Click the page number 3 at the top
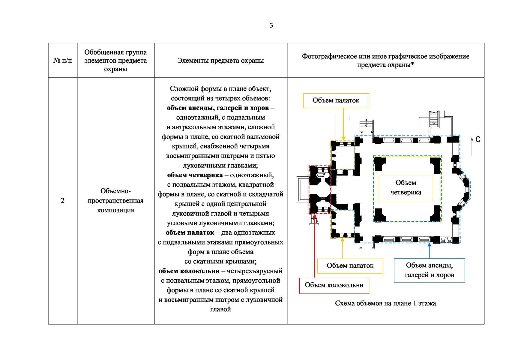click(x=271, y=25)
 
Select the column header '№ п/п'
click(x=62, y=61)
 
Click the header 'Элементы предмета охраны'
click(x=220, y=61)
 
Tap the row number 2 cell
click(x=62, y=200)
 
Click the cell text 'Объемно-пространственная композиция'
click(x=115, y=200)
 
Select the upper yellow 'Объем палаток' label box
click(x=336, y=100)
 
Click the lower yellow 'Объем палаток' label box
click(x=350, y=266)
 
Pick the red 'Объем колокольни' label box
click(x=334, y=285)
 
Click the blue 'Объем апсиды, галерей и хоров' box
click(x=429, y=270)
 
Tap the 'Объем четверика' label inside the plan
click(x=406, y=188)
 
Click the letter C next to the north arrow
click(x=478, y=139)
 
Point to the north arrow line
click(x=472, y=147)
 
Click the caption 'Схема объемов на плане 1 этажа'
click(x=385, y=303)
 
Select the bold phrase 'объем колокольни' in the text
click(x=189, y=271)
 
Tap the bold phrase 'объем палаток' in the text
click(x=190, y=233)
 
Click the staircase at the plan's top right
click(x=433, y=118)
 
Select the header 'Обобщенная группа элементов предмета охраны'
click(x=115, y=61)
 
